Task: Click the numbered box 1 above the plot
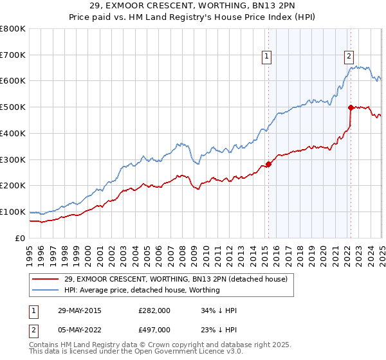click(266, 57)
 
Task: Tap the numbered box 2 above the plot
click(349, 57)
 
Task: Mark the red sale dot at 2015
click(269, 164)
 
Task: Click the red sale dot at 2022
click(351, 108)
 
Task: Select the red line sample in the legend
click(46, 279)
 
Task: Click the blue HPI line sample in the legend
click(46, 290)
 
